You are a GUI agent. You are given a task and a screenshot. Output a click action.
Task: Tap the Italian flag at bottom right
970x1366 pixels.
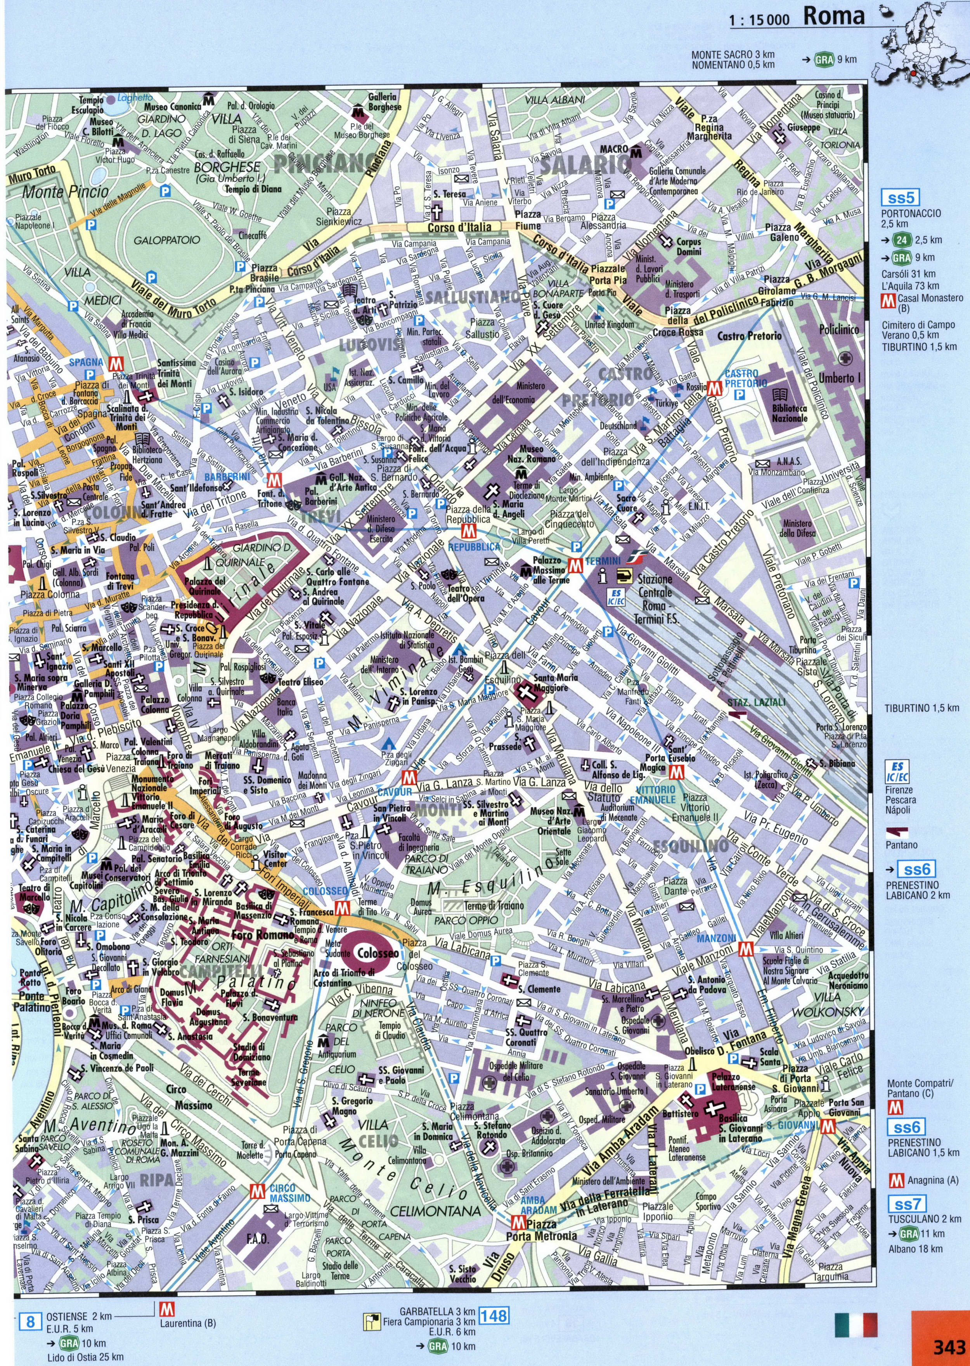856,1324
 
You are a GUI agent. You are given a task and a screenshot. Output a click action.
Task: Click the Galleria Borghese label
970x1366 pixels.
382,102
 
